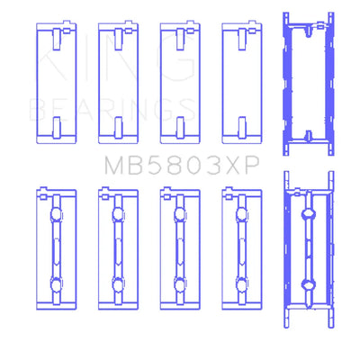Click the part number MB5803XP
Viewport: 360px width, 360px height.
click(182, 166)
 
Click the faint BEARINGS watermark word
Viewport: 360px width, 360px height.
click(112, 110)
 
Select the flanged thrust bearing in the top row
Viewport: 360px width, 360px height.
click(309, 84)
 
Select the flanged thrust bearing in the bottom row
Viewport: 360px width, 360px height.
click(309, 249)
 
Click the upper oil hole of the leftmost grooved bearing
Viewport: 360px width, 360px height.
click(56, 214)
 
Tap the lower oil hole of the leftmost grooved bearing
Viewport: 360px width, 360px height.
click(56, 284)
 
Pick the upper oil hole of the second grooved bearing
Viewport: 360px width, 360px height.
click(118, 214)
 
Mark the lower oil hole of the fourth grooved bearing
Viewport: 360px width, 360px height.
click(242, 284)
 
